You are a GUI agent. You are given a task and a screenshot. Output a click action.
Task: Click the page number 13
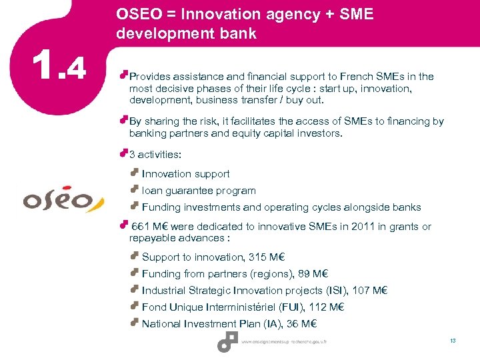[453, 341]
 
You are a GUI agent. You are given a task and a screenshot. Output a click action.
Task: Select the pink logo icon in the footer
[227, 341]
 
